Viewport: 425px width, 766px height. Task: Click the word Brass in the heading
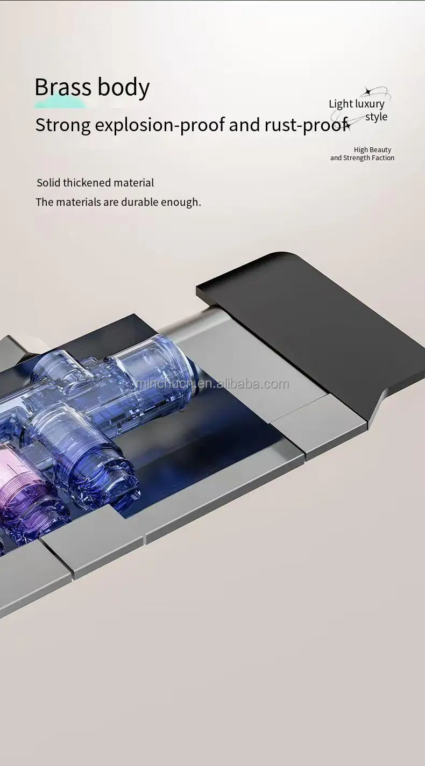tap(63, 87)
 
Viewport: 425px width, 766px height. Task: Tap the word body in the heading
tap(124, 88)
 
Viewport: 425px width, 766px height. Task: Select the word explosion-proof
tap(159, 125)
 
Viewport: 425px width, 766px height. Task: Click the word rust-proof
tap(306, 125)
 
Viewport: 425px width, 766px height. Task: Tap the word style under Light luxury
tap(377, 117)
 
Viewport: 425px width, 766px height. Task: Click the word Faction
tap(382, 158)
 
